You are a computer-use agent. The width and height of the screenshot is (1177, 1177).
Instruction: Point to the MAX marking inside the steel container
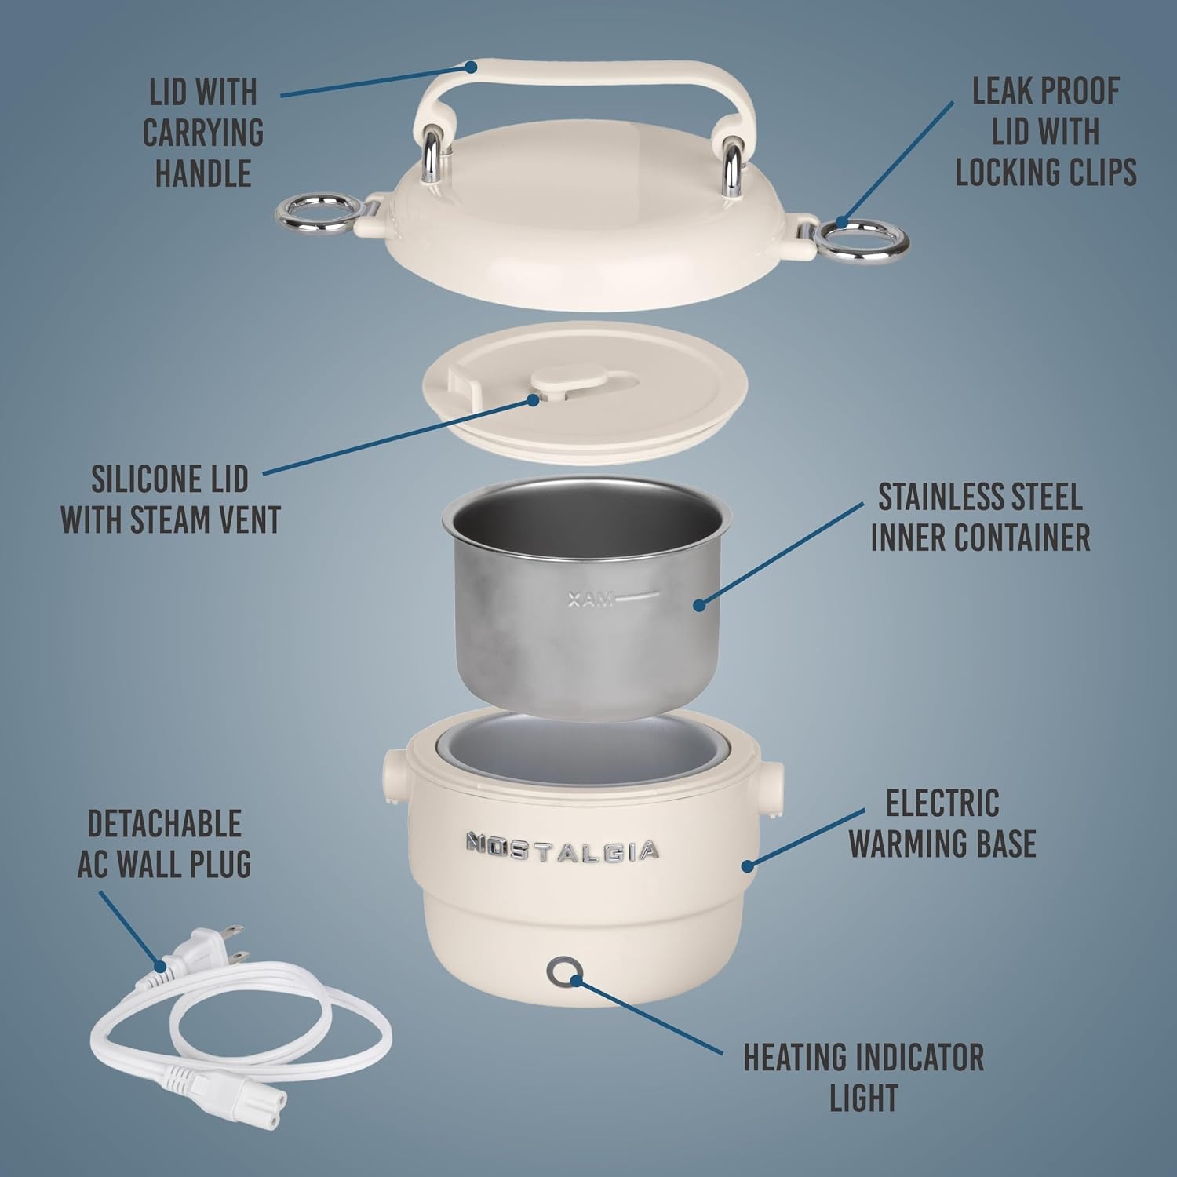[591, 600]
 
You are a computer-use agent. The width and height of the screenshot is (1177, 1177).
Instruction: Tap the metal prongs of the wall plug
[235, 944]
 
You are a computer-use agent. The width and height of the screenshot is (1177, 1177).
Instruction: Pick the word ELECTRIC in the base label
[942, 803]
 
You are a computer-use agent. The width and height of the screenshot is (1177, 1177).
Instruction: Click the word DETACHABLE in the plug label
[164, 824]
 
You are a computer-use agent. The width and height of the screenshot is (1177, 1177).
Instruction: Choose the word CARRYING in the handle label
[203, 133]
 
